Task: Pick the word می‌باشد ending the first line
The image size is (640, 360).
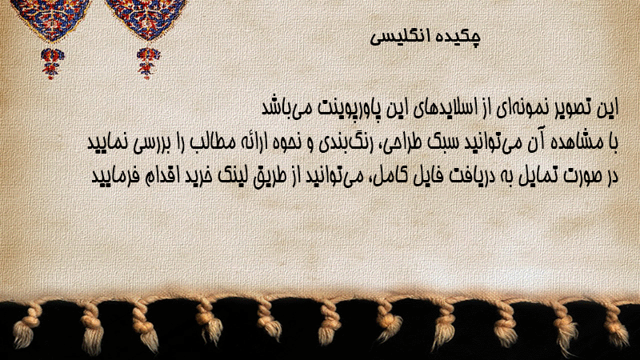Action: coord(284,108)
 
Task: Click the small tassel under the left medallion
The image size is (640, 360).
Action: coord(52,62)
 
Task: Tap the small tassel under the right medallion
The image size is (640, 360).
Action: coord(148,62)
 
